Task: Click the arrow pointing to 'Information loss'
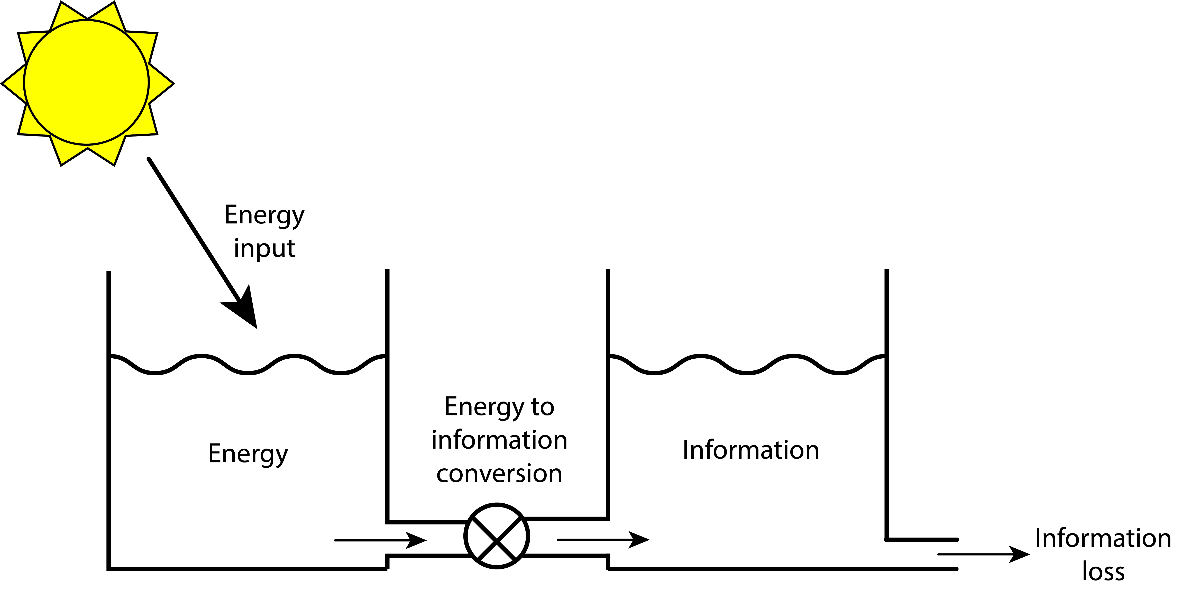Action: [983, 554]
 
